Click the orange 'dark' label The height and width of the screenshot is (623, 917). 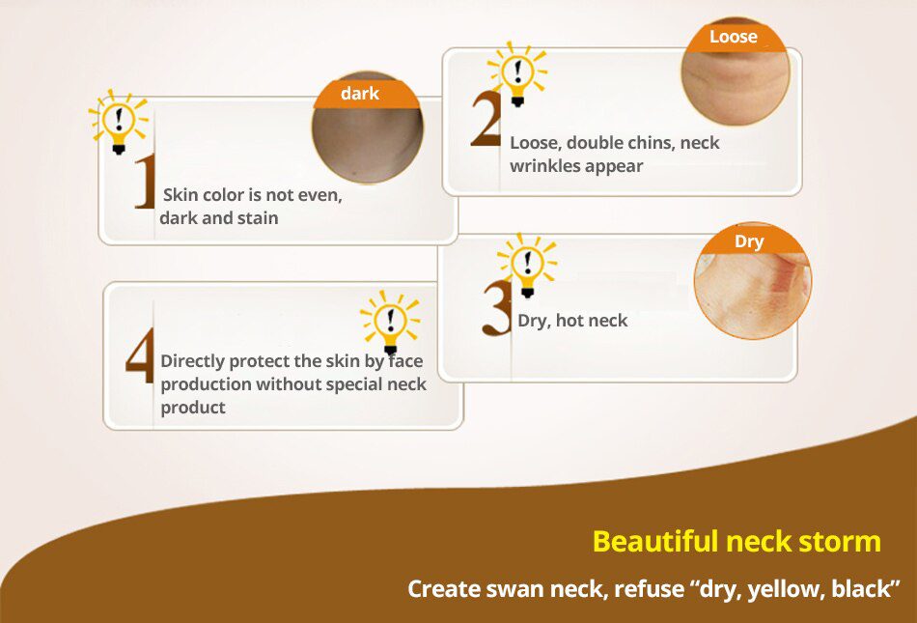[x=360, y=94]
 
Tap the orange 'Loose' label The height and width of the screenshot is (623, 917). [x=734, y=38]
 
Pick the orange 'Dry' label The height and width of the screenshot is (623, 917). [x=749, y=241]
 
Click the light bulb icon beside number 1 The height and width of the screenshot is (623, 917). [x=119, y=123]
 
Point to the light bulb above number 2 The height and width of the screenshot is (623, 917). [x=518, y=73]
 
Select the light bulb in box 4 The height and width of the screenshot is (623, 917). [x=390, y=321]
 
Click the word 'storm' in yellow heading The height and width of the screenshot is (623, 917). [x=834, y=541]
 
